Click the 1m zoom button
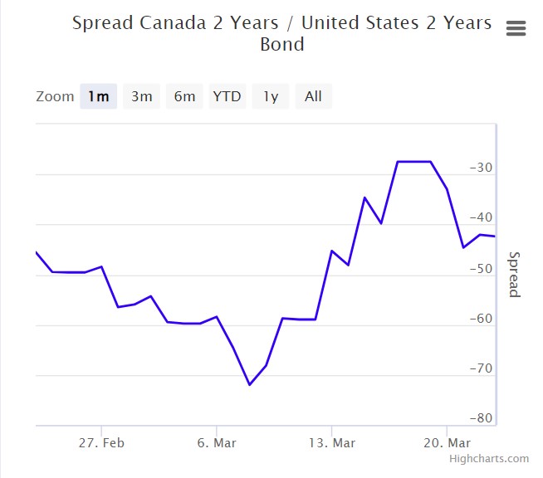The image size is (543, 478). click(98, 96)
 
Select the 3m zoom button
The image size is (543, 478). click(141, 96)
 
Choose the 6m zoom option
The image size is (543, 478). click(184, 96)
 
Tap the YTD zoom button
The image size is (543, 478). click(227, 96)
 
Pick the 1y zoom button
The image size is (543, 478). click(271, 96)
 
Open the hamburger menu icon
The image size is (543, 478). click(516, 28)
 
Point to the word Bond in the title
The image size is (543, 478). click(282, 44)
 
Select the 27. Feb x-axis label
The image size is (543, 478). click(101, 443)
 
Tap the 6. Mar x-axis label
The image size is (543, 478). click(216, 443)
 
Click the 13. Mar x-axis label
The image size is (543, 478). click(331, 443)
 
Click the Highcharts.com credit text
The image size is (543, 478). click(489, 459)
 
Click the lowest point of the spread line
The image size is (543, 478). click(249, 384)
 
